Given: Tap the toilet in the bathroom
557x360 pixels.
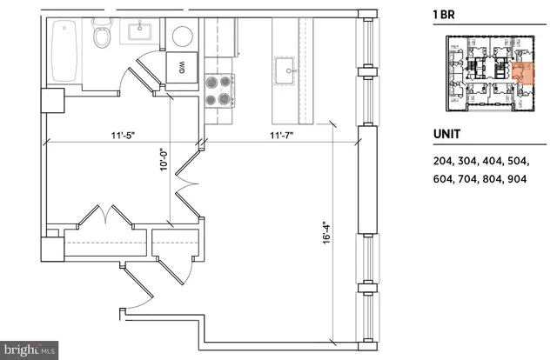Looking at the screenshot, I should [x=103, y=37].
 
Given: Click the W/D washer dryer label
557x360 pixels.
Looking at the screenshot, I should [x=183, y=66].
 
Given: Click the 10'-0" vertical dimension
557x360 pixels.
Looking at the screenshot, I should [x=163, y=162].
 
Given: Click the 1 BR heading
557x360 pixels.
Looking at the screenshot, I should [x=446, y=14].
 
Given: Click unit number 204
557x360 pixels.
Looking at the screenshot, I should [x=443, y=161].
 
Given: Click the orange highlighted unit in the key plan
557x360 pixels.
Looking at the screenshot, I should [x=521, y=75].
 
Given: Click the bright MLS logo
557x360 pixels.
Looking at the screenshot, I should [x=30, y=351].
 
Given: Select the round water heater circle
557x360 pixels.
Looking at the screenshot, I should [x=183, y=36].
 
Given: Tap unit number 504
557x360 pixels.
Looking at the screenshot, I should [x=540, y=161].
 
